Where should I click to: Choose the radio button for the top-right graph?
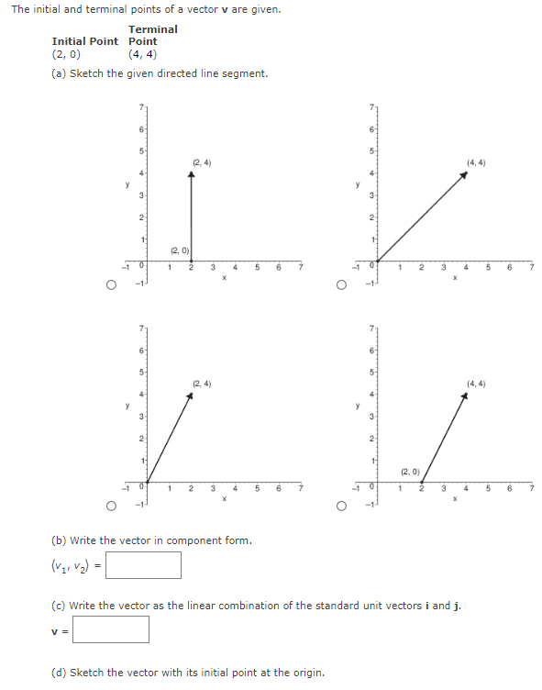click(341, 285)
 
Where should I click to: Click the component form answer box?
click(144, 565)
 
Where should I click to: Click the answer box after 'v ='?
click(111, 629)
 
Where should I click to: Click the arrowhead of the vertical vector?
click(191, 177)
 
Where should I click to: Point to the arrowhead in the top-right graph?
click(465, 176)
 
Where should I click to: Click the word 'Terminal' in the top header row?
click(153, 29)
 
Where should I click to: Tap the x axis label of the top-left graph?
click(224, 277)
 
